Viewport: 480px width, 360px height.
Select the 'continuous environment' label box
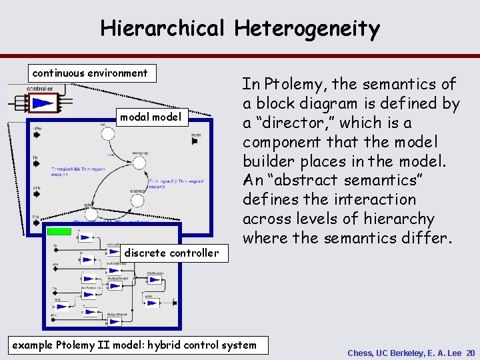coord(91,73)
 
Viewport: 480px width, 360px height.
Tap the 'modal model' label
coord(150,117)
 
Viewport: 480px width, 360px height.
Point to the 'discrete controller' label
coord(171,253)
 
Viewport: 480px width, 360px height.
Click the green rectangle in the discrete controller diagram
coord(59,231)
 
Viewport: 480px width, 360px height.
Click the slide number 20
coord(470,353)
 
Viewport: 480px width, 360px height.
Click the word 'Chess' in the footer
coord(361,353)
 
